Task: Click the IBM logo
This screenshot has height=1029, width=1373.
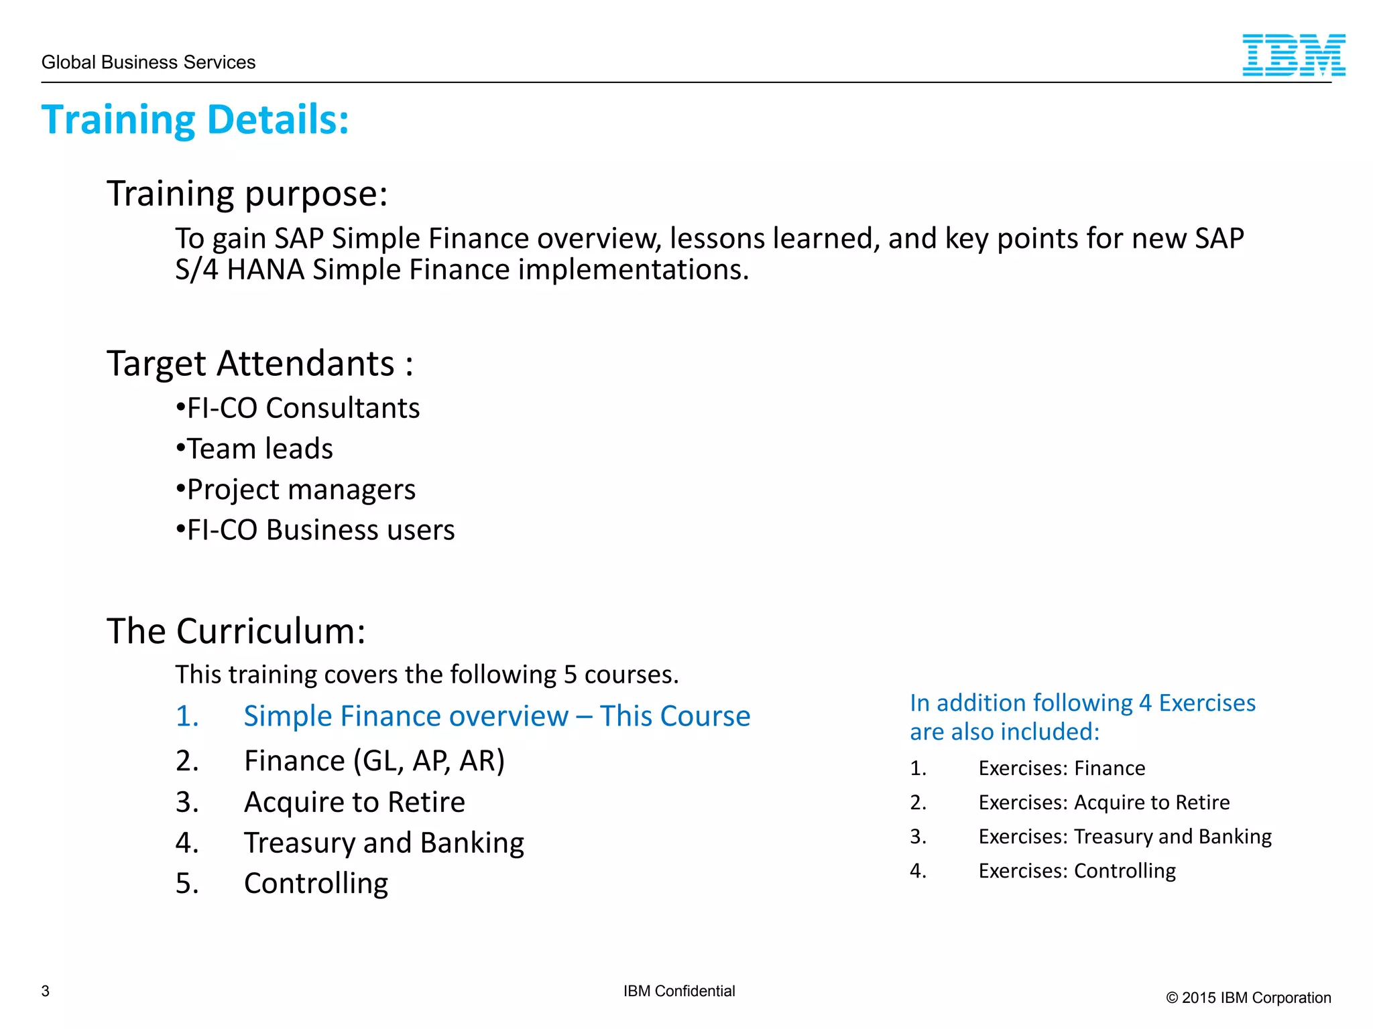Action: [1293, 55]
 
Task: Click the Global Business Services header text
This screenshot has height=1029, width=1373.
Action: [148, 62]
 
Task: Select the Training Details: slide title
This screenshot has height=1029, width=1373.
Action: [195, 120]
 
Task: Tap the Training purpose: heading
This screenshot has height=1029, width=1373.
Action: [247, 194]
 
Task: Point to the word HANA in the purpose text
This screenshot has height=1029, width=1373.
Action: [265, 270]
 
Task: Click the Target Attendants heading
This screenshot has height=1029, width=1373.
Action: [259, 364]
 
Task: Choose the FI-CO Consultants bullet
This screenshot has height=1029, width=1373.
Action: [298, 408]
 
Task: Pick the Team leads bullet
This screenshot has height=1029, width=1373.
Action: [255, 449]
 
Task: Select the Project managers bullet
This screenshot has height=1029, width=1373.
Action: [296, 490]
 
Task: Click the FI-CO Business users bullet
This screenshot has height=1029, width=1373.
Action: [315, 530]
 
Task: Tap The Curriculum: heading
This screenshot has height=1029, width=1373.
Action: [236, 631]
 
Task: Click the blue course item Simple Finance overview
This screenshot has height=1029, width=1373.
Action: [496, 716]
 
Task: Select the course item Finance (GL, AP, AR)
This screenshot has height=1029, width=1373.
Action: [373, 761]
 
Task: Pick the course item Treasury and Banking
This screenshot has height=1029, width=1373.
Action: [383, 843]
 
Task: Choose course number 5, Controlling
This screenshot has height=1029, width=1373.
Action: [315, 884]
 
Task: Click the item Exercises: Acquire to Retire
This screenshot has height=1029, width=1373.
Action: [1103, 803]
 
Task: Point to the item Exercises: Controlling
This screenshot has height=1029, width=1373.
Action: [1077, 871]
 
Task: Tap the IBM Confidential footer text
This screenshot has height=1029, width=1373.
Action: [678, 991]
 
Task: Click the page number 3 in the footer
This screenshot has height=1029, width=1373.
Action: [46, 991]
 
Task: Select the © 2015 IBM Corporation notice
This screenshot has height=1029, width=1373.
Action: [1248, 998]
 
